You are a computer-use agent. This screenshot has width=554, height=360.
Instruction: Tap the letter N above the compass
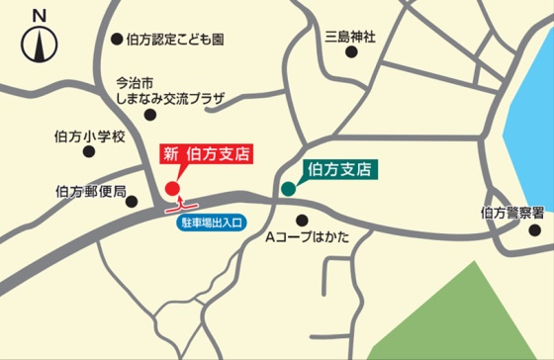click(39, 15)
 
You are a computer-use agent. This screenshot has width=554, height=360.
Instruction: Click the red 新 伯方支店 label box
click(205, 154)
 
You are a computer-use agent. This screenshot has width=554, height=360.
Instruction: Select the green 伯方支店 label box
click(338, 168)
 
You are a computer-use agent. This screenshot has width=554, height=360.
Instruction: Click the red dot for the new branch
click(171, 188)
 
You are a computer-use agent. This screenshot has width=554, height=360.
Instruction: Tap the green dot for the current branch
click(288, 188)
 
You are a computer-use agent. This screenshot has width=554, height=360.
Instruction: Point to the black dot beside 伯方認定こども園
click(116, 40)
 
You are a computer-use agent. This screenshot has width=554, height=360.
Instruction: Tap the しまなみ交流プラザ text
click(171, 99)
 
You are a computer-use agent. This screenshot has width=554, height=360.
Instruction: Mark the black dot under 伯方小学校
click(90, 154)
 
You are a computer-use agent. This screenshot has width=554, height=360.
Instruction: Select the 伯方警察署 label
click(512, 212)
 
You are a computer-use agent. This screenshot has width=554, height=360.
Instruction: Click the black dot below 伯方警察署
click(534, 230)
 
